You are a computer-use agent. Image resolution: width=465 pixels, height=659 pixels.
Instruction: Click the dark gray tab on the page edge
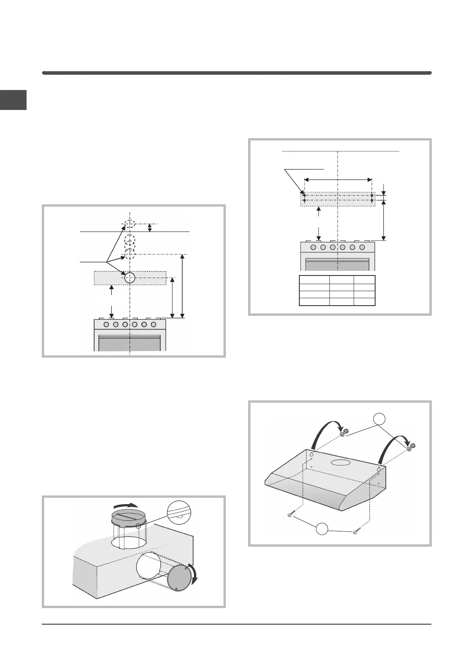(x=13, y=100)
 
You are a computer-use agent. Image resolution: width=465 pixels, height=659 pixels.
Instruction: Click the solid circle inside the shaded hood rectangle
(x=129, y=278)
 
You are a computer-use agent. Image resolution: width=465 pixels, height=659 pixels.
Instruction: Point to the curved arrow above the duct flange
(x=128, y=505)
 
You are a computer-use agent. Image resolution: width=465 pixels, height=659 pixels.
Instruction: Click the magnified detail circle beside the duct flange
(x=180, y=514)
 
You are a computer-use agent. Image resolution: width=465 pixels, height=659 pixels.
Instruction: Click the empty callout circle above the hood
(x=379, y=419)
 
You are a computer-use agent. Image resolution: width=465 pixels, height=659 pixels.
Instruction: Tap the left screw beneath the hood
(x=290, y=515)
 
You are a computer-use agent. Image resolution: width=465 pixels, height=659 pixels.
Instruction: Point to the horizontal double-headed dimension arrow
(x=338, y=180)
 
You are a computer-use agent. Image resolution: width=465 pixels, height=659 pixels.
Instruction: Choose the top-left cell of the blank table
(x=314, y=279)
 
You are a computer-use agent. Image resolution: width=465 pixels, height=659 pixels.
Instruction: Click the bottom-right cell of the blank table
(x=364, y=301)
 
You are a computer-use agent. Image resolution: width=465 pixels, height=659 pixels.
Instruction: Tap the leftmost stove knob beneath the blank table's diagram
(x=314, y=247)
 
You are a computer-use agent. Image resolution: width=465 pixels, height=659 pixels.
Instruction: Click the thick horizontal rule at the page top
(x=236, y=73)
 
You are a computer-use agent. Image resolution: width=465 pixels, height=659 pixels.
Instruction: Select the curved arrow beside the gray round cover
(x=193, y=575)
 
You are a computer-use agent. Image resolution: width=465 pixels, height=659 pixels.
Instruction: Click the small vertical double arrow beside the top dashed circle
(x=150, y=228)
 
